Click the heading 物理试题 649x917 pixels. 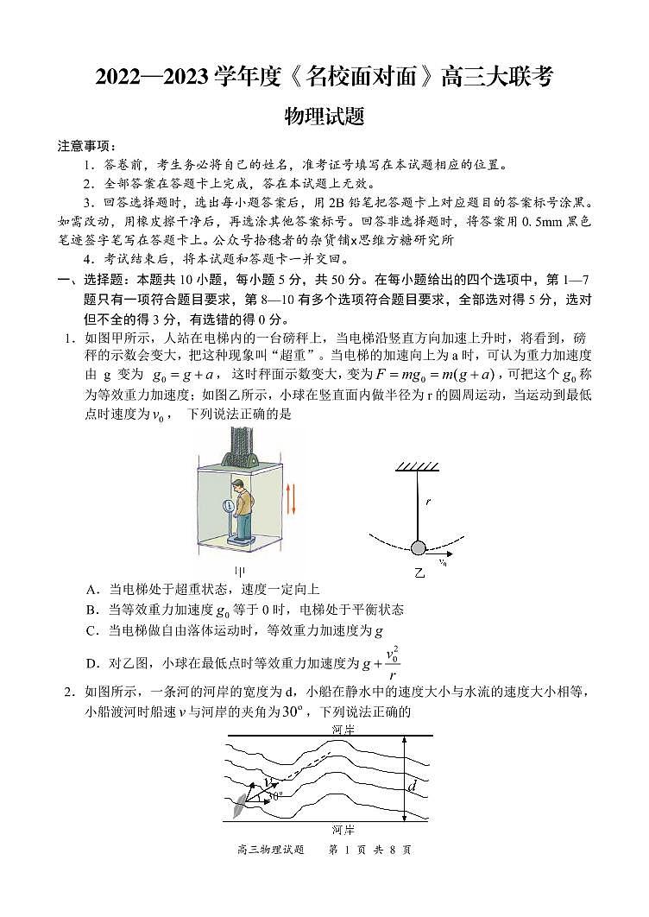point(324,115)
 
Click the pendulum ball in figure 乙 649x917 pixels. point(419,547)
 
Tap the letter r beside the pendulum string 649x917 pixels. point(427,501)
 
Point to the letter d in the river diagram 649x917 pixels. point(413,786)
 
